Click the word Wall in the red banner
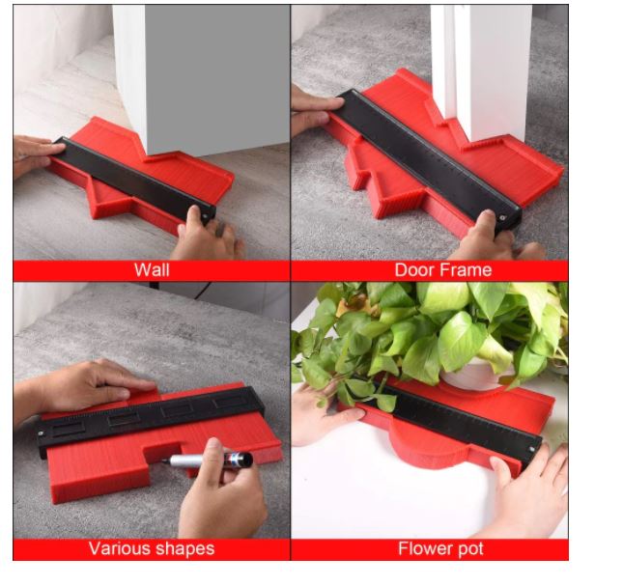pos(152,270)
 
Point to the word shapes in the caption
pos(184,549)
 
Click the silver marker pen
pos(208,460)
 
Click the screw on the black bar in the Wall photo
pos(206,216)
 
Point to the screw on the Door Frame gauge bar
pos(502,217)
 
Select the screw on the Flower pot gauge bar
pos(531,449)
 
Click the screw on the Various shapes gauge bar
pos(41,433)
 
